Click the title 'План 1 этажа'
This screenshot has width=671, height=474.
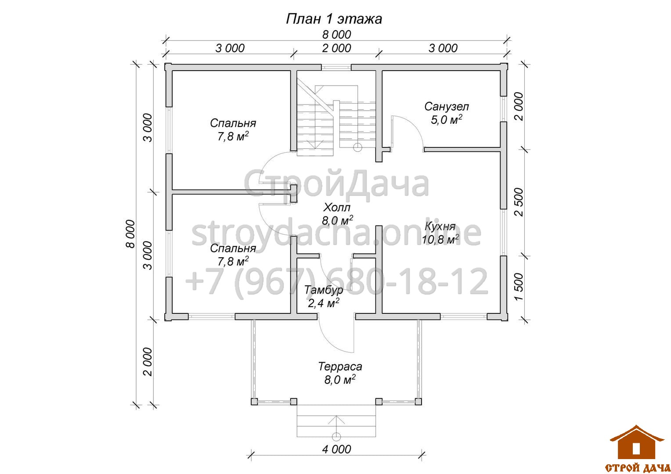coord(334,19)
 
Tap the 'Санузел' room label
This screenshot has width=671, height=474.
coord(446,107)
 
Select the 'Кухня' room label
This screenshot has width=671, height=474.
coord(440,226)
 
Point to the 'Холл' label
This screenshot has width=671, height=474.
coord(337,207)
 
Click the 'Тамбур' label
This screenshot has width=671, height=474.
coord(324,290)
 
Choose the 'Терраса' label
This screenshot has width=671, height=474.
coord(340,366)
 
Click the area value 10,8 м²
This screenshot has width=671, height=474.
coord(440,240)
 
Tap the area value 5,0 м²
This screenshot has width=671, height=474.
coord(446,119)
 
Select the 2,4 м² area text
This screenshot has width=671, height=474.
coord(324,303)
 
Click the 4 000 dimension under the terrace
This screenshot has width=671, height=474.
coord(336,449)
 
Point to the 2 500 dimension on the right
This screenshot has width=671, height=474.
coord(519,202)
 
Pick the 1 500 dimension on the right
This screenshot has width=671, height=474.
coord(519,287)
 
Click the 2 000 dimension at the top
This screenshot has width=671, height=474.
coord(336,48)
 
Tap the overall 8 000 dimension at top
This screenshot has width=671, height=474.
coord(336,35)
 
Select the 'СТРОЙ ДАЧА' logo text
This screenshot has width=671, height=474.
coord(638,467)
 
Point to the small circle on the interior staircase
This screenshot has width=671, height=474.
coord(357,147)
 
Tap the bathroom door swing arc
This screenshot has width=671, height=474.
coord(415,126)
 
